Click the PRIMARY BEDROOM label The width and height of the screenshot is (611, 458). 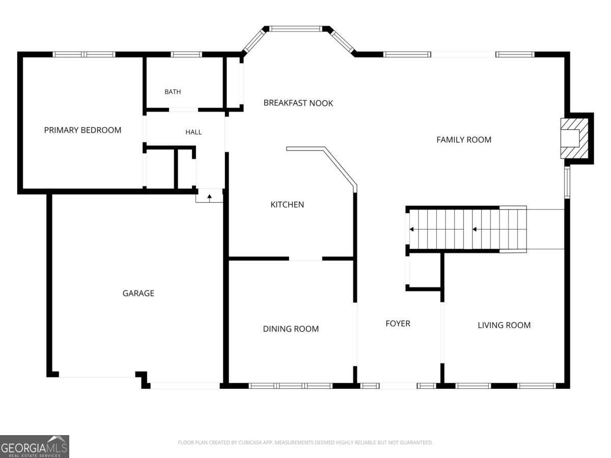point(82,130)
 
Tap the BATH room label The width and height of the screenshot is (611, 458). point(173,92)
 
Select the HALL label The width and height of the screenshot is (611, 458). point(193,132)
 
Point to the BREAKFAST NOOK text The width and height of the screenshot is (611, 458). point(298,103)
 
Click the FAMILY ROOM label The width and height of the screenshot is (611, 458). point(464,139)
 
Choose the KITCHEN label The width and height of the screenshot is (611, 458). point(287,205)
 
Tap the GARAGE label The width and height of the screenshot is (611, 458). point(138,293)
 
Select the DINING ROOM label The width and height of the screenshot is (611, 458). point(291,329)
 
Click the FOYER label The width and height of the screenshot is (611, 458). point(398,324)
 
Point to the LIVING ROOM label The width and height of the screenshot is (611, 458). point(504,325)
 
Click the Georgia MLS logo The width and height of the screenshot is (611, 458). point(35,447)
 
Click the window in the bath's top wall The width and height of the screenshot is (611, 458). point(186,54)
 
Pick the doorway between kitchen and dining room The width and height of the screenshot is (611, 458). point(305,259)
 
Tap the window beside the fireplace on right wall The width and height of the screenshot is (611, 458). point(567,182)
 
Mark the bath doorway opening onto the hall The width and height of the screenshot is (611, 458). point(183,110)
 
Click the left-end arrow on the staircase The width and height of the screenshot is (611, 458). point(412,230)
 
